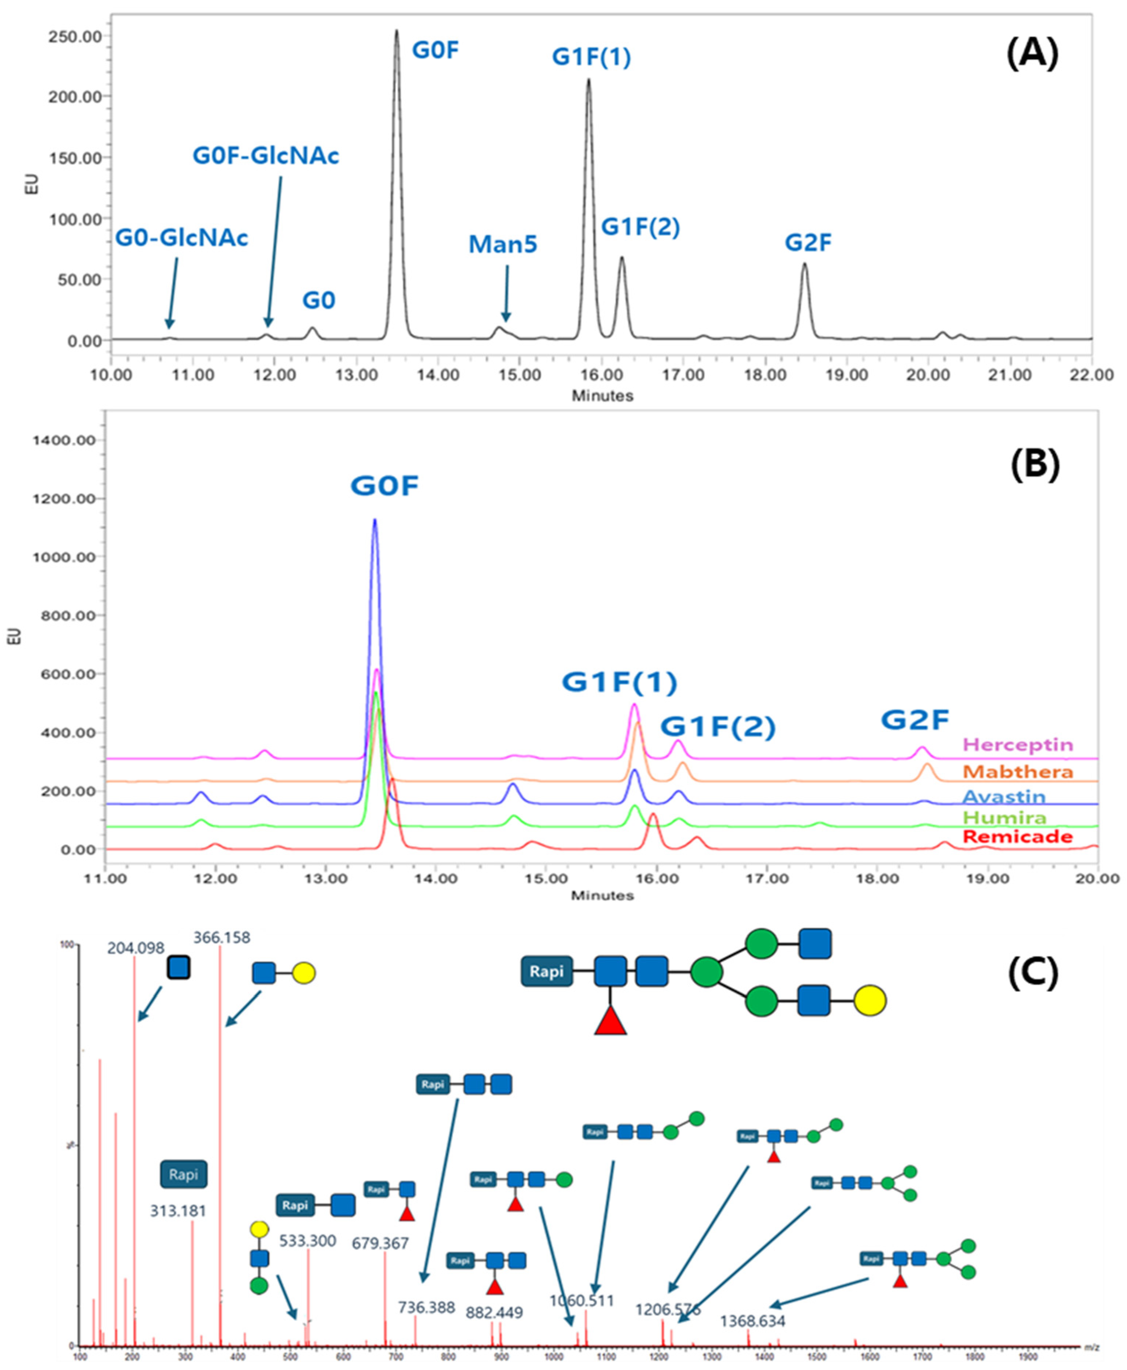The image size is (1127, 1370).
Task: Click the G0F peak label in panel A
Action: (x=436, y=50)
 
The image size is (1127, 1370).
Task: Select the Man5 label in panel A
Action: (x=503, y=245)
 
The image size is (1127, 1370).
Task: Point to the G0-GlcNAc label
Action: (x=182, y=238)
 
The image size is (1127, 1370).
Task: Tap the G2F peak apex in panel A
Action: (x=804, y=264)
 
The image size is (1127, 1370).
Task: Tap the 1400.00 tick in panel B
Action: (x=64, y=440)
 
